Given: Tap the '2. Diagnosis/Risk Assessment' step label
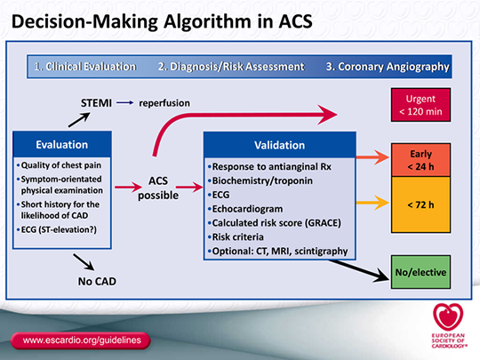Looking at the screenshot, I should pos(230,67).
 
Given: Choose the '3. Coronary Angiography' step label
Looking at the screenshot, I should pos(388,67).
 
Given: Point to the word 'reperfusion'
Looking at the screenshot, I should pos(164,103).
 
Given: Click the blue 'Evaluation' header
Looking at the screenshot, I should pos(61,144).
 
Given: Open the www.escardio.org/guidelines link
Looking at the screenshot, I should pos(80,340).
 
